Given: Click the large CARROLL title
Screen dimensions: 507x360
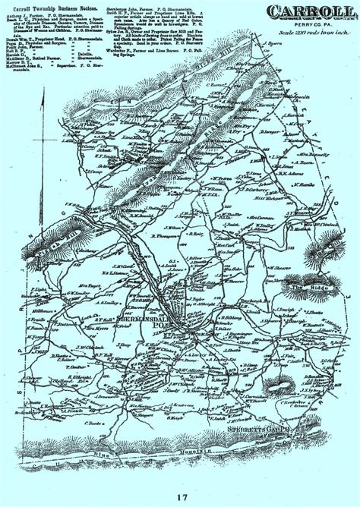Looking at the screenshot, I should point(307,12).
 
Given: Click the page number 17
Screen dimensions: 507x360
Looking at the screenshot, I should point(179,498).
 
